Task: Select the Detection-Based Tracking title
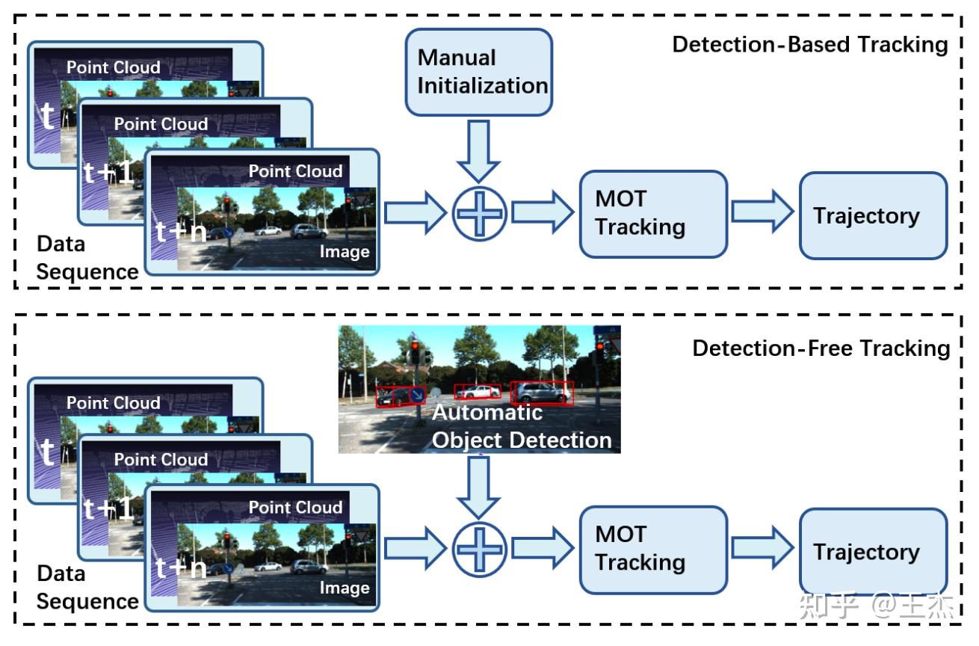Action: point(809,44)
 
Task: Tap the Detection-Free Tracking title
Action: point(821,348)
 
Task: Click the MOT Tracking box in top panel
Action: point(653,214)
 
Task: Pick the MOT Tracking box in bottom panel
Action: point(653,550)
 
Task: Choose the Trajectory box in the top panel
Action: point(873,216)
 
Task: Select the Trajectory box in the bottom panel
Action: point(873,553)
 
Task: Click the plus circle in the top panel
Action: point(479,214)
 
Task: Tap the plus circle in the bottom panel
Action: point(479,550)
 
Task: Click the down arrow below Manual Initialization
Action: point(479,150)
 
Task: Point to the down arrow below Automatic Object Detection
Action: point(479,486)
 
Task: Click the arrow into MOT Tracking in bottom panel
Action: point(540,550)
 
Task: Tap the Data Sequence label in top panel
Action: point(86,258)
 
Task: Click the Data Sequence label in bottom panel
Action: point(86,588)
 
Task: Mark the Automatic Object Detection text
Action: point(521,426)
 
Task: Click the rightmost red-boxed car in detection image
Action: point(542,392)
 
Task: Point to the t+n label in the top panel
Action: point(180,232)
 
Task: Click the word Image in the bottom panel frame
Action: point(344,588)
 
